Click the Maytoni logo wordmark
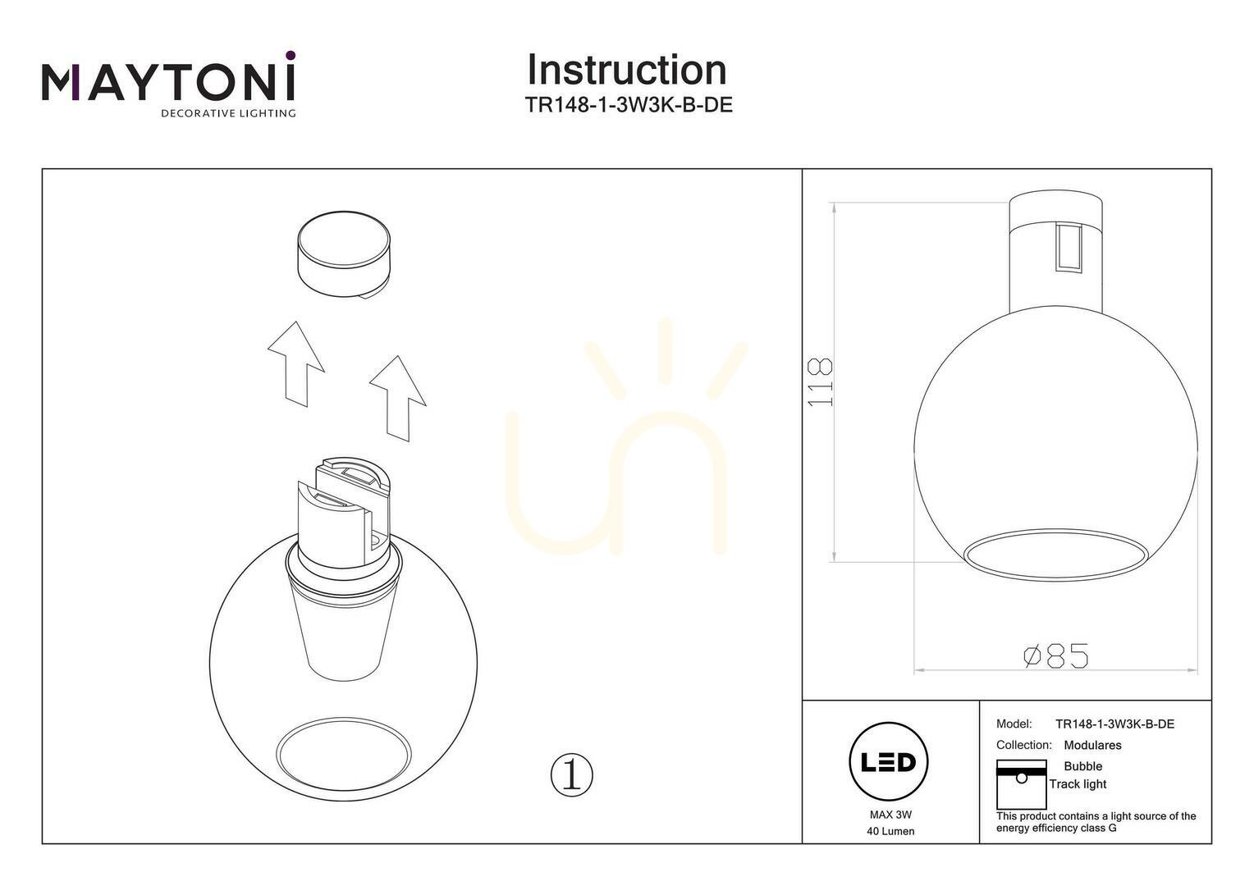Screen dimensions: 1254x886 coord(168,82)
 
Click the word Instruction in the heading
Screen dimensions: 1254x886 coord(627,70)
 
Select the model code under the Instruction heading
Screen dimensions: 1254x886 coord(629,105)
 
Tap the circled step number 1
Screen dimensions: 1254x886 coord(571,775)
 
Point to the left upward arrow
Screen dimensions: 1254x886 coord(295,363)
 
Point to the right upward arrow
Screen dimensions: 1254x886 coord(397,399)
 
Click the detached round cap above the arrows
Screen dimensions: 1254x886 coord(343,254)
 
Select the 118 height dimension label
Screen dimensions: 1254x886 coord(820,382)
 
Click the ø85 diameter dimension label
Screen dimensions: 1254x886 coord(1056,655)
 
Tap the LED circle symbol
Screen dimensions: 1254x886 coord(889,762)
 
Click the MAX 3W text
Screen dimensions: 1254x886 coord(890,815)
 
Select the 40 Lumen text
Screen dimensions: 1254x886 coord(890,831)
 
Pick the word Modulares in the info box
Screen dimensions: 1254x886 coord(1092,745)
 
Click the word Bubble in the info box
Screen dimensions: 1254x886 coord(1082,766)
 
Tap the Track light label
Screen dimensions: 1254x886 coord(1078,784)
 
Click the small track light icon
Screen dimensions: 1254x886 coord(1021,784)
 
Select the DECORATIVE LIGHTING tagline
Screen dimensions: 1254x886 coord(228,113)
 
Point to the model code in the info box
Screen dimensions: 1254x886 coord(1114,724)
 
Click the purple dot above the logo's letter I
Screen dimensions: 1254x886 coord(290,55)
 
